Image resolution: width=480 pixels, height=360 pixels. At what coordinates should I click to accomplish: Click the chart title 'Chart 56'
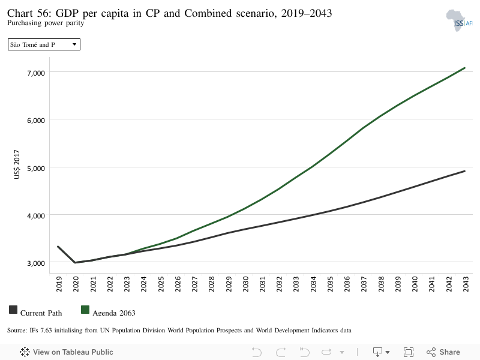(29, 13)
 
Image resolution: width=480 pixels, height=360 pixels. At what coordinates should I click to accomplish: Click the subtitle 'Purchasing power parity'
(46, 23)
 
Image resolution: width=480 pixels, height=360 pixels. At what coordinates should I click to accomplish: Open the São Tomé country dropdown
(44, 44)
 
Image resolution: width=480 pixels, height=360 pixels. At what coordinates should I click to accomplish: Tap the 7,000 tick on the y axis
(36, 73)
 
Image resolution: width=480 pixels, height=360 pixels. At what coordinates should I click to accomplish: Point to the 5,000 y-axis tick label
(36, 169)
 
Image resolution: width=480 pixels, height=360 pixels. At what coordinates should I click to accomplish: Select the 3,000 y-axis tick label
(36, 263)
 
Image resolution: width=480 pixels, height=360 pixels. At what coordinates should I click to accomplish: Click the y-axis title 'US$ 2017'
(17, 164)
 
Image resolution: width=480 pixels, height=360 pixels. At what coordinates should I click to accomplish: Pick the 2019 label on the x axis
(59, 284)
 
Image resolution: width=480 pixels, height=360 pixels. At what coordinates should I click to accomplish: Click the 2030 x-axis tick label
(245, 284)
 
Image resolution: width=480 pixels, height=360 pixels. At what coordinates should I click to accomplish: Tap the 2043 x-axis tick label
(466, 284)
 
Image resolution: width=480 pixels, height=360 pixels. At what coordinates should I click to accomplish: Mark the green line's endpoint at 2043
(464, 68)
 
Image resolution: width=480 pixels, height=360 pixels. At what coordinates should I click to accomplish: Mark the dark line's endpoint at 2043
(464, 171)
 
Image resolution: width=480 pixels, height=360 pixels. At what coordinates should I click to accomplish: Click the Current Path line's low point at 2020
(75, 262)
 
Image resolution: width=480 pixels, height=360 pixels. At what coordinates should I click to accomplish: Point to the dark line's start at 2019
(58, 247)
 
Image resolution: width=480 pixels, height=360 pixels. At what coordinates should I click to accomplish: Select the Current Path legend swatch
(13, 310)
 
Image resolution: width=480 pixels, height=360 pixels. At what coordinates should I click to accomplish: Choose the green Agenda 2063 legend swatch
(85, 310)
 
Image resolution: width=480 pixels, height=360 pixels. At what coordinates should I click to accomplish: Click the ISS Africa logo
(459, 20)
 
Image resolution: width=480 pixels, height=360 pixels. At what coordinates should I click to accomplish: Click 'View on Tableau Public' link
(67, 352)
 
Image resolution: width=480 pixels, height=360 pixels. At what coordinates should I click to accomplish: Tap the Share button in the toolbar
(443, 352)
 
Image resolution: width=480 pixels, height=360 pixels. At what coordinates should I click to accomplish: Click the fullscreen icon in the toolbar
(409, 352)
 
